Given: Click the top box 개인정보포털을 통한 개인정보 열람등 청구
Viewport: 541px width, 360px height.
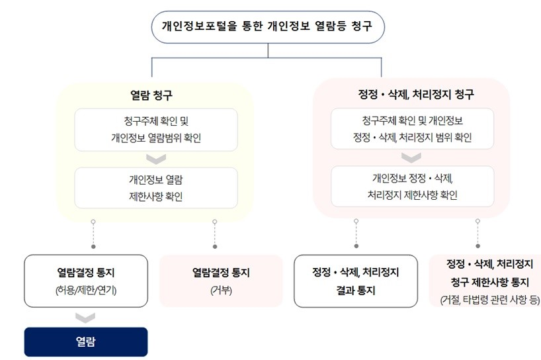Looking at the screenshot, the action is point(268,27).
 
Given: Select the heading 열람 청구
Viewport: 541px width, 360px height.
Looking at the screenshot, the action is point(151,95).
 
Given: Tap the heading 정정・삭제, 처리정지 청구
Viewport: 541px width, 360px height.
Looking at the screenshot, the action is point(416,94).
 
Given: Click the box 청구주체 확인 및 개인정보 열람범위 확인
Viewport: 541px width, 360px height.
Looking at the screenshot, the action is point(156,130).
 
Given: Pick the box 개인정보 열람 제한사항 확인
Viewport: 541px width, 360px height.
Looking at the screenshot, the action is point(156,188).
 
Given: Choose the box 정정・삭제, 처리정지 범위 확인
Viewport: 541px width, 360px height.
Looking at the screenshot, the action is point(412,129).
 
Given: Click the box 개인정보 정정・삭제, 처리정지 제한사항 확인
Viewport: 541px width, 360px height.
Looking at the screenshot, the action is point(412,187).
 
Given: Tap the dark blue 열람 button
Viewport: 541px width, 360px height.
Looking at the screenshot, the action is point(86,341).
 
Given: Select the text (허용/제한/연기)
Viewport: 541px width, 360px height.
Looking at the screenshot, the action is point(86,290).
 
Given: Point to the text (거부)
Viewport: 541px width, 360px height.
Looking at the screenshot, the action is point(221,291).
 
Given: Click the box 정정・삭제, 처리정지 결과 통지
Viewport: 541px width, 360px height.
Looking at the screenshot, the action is point(356,281).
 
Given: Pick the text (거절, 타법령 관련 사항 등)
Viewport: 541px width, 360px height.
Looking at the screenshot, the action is point(490,300).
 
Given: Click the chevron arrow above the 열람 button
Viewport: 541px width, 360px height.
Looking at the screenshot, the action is point(85,318).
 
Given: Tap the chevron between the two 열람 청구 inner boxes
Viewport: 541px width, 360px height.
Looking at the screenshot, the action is point(156,159).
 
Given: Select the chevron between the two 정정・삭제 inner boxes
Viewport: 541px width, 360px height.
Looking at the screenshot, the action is point(411,157).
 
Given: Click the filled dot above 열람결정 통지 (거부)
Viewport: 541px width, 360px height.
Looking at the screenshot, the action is point(215,246).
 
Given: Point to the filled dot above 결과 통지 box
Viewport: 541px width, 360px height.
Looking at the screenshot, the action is point(356,246).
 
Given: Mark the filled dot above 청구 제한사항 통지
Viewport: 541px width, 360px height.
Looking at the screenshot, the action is point(478,246).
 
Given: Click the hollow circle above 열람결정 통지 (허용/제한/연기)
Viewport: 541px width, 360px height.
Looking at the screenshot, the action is point(93,222).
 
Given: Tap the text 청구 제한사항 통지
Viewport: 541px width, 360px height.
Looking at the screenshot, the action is point(490,283).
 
